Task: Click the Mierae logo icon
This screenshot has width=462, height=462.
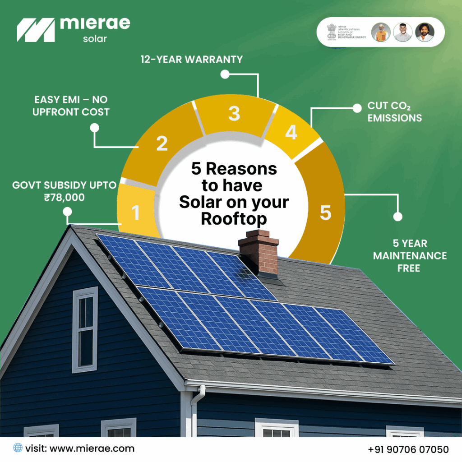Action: coord(35,30)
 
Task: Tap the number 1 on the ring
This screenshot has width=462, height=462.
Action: coord(135,213)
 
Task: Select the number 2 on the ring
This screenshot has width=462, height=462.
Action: coord(162,143)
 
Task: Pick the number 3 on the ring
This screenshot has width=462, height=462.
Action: coord(234,114)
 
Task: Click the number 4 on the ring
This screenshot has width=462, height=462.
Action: coord(291,133)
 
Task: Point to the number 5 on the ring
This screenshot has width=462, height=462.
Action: coord(325,213)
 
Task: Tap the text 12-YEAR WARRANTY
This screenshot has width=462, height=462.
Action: coord(191,59)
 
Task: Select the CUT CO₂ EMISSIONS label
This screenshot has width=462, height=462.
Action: coord(394,112)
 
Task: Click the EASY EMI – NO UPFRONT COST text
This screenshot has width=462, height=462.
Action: coord(71,106)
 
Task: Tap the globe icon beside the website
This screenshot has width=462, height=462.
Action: coord(18,448)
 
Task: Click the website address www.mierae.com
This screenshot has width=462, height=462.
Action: coord(92,448)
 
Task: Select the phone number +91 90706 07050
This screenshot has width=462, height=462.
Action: coord(408,449)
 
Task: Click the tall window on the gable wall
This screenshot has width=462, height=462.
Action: coord(85,329)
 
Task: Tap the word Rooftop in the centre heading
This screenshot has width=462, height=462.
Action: coord(234,219)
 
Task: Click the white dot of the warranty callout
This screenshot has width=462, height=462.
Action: coord(225,74)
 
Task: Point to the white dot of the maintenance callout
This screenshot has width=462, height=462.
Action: coord(397,217)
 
